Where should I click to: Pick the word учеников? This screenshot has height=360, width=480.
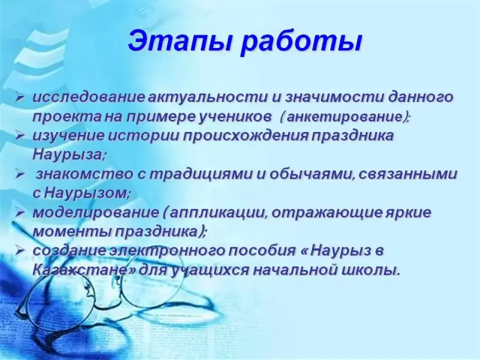235,117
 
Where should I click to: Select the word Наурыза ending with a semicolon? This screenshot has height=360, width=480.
69,155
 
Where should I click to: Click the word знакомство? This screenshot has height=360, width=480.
85,175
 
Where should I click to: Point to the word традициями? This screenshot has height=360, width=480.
200,175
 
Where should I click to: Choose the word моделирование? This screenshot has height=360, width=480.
96,213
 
